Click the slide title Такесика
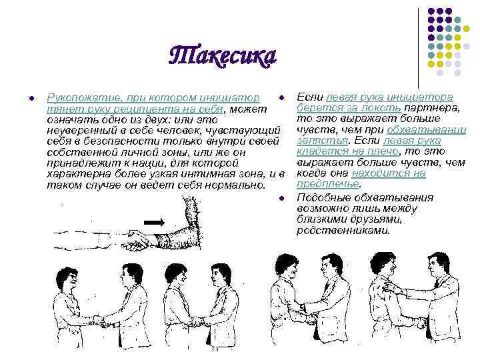pos(223,57)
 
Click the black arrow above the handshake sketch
pos(154,222)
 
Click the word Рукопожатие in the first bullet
pos(83,98)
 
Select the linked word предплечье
pos(328,184)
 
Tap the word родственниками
pos(343,230)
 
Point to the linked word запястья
pos(323,141)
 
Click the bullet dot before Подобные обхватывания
pos(281,199)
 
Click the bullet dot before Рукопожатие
pos(31,98)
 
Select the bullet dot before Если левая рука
pos(281,98)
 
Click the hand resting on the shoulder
pos(391,287)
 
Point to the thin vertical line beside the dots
pos(418,48)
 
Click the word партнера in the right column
pos(431,109)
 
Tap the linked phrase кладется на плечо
pos(348,151)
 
